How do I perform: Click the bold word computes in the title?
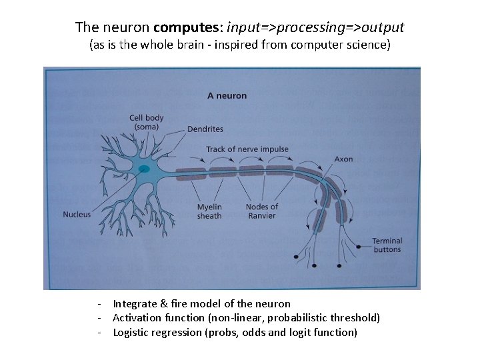click(x=188, y=27)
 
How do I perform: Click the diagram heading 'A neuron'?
click(x=227, y=95)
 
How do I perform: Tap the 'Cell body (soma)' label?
click(x=146, y=123)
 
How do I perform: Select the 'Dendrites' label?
click(x=205, y=129)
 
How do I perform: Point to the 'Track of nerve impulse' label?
click(x=247, y=149)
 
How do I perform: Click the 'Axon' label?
click(x=344, y=159)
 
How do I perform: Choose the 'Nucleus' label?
click(x=77, y=215)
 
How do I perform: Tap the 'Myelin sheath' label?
click(x=209, y=211)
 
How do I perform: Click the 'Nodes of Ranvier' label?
click(x=262, y=211)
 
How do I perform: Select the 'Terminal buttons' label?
click(x=387, y=245)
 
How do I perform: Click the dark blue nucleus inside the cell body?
click(x=143, y=169)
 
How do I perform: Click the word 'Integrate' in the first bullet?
click(x=135, y=304)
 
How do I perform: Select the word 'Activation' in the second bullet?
click(x=137, y=318)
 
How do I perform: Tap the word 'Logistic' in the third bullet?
click(x=132, y=332)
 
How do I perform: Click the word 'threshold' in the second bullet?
click(x=356, y=318)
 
